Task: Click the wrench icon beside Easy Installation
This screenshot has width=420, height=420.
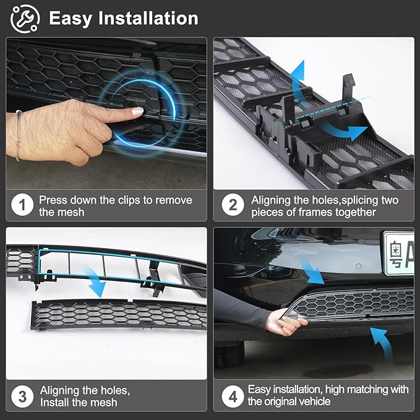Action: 25,18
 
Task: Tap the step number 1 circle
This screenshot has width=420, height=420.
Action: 22,205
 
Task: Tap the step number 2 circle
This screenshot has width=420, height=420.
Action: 232,205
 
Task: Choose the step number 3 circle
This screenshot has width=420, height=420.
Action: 22,396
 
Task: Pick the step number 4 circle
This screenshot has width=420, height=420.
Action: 232,396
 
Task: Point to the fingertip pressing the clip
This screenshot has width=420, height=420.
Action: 137,111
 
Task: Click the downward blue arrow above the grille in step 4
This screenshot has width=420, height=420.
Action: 310,268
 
